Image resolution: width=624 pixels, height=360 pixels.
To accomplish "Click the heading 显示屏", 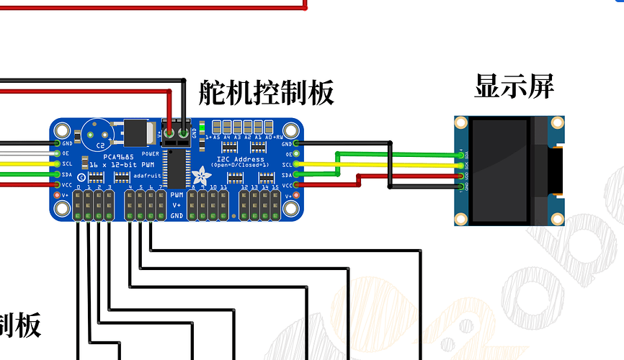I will pos(514,86).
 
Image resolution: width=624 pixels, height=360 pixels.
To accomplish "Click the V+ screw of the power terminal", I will pos(169,133).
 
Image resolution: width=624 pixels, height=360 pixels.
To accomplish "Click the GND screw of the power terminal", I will pos(184,133).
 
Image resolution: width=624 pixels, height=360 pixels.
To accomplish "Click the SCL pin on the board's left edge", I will pos(57,164).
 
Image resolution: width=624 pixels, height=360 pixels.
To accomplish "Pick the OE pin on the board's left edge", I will pos(57,153).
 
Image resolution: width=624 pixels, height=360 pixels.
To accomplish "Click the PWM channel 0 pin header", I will pos(78,205).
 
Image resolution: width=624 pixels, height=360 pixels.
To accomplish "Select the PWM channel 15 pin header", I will pos(275,205).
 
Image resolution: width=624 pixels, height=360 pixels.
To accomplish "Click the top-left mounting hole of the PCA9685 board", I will pos(63,131).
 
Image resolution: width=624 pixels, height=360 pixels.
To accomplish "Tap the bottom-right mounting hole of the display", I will pos(556,219).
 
